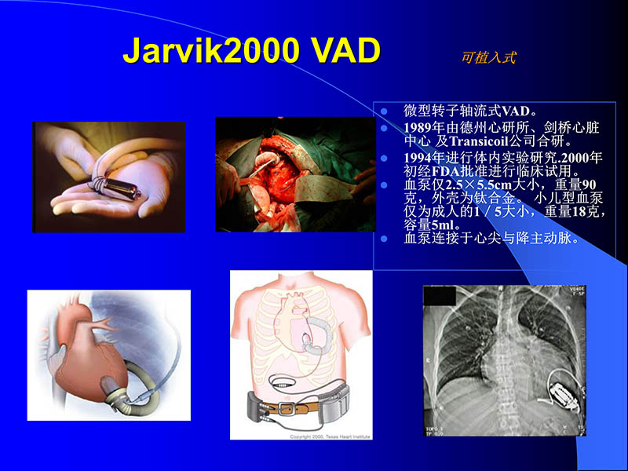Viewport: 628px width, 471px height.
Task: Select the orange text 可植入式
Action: tap(488, 58)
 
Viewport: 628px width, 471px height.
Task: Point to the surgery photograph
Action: tap(295, 174)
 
